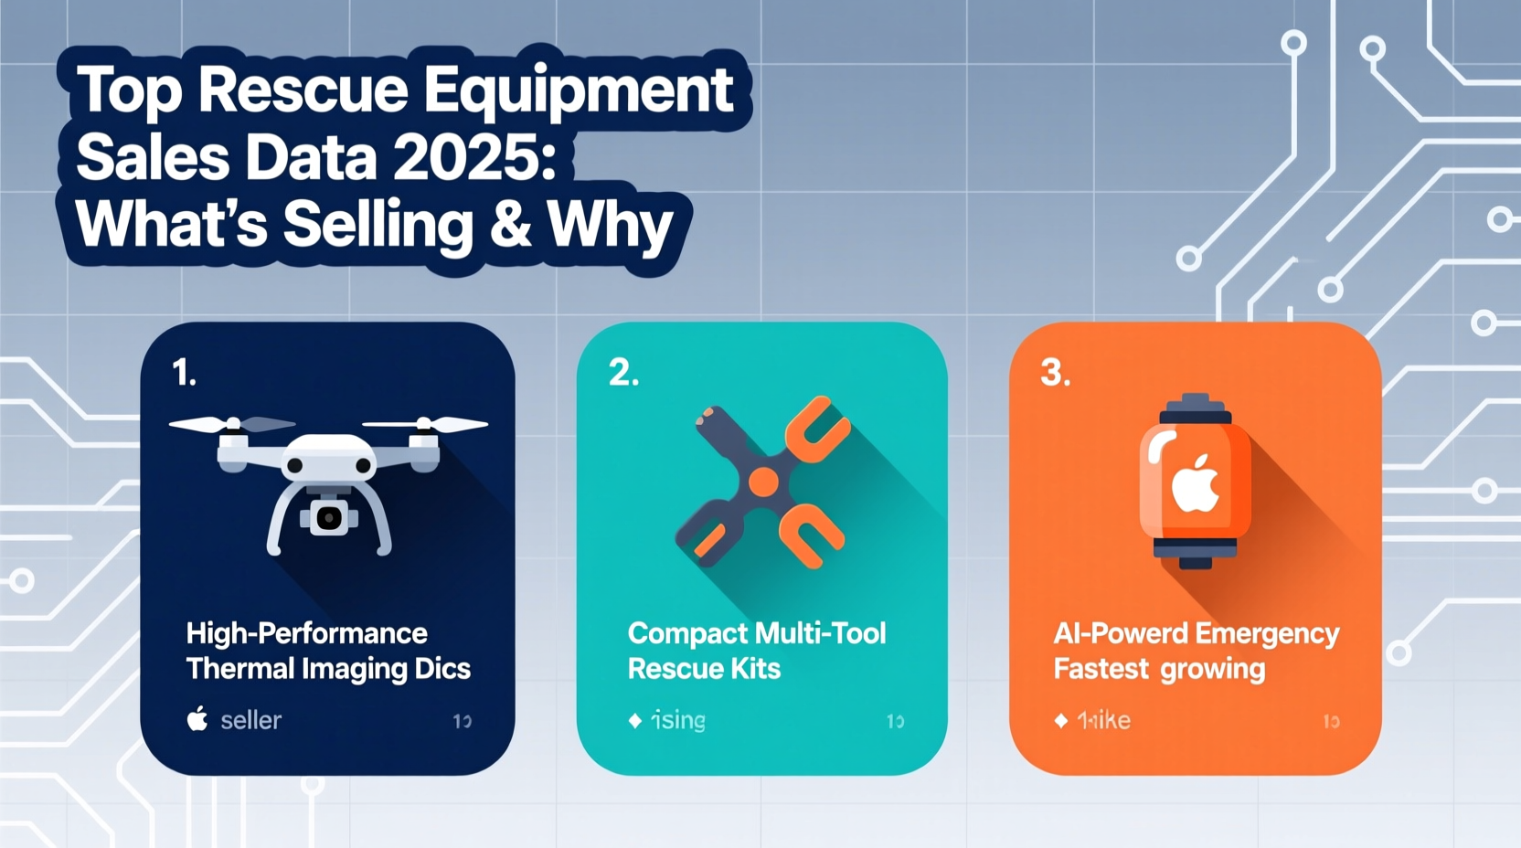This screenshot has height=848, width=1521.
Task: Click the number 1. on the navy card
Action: pyautogui.click(x=184, y=373)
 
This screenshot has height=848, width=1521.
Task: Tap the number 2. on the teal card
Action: pyautogui.click(x=623, y=373)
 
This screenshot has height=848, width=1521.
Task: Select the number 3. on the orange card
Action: pyautogui.click(x=1055, y=373)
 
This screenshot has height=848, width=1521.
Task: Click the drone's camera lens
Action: pyautogui.click(x=328, y=519)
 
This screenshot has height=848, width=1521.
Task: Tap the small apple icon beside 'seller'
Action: pyautogui.click(x=197, y=719)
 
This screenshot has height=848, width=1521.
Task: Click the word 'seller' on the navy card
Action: pyautogui.click(x=250, y=720)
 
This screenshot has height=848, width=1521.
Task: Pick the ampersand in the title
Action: pyautogui.click(x=510, y=224)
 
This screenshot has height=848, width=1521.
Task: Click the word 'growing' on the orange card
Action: pyautogui.click(x=1212, y=669)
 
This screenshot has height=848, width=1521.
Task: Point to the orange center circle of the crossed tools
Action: pyautogui.click(x=763, y=482)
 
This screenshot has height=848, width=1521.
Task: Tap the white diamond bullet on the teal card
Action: pyautogui.click(x=635, y=721)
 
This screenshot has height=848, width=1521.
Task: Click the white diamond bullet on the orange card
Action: pyautogui.click(x=1061, y=721)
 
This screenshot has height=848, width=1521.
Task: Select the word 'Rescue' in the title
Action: pyautogui.click(x=303, y=90)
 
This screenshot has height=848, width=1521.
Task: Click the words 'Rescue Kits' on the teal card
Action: pyautogui.click(x=704, y=669)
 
